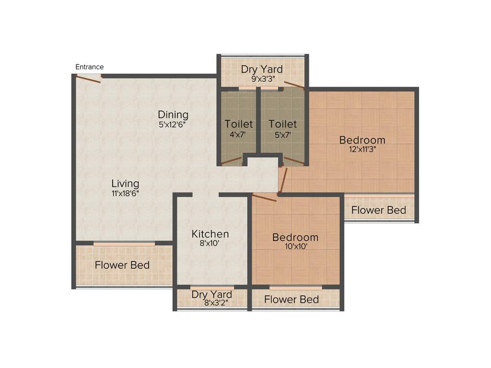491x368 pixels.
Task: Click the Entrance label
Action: coord(90,67)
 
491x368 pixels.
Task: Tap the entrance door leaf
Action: coord(89,79)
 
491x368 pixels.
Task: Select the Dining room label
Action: coord(173,115)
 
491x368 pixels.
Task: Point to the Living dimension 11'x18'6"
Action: coord(125,194)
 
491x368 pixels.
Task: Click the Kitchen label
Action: coord(210,234)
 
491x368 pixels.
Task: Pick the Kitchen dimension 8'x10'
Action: coord(210,243)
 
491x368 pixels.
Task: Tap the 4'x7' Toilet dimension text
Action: coord(238,135)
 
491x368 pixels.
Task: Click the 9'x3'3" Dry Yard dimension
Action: coord(261,79)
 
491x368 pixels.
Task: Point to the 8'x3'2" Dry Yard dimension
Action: coord(211,303)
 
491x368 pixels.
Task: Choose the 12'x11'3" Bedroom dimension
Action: coord(362,149)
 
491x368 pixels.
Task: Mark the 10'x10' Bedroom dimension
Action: coord(295,247)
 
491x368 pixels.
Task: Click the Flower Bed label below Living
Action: coord(122,265)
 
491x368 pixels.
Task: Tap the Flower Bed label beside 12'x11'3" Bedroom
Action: coord(379,210)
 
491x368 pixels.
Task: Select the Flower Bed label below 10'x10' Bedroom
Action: coord(292,299)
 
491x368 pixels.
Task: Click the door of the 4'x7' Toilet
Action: coord(232,160)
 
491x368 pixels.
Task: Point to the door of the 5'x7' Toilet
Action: coord(293,160)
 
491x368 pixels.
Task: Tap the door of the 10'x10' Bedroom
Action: coord(265,197)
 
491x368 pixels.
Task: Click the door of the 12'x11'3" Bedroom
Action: coord(283,179)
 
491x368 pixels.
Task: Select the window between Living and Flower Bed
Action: coord(124,244)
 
